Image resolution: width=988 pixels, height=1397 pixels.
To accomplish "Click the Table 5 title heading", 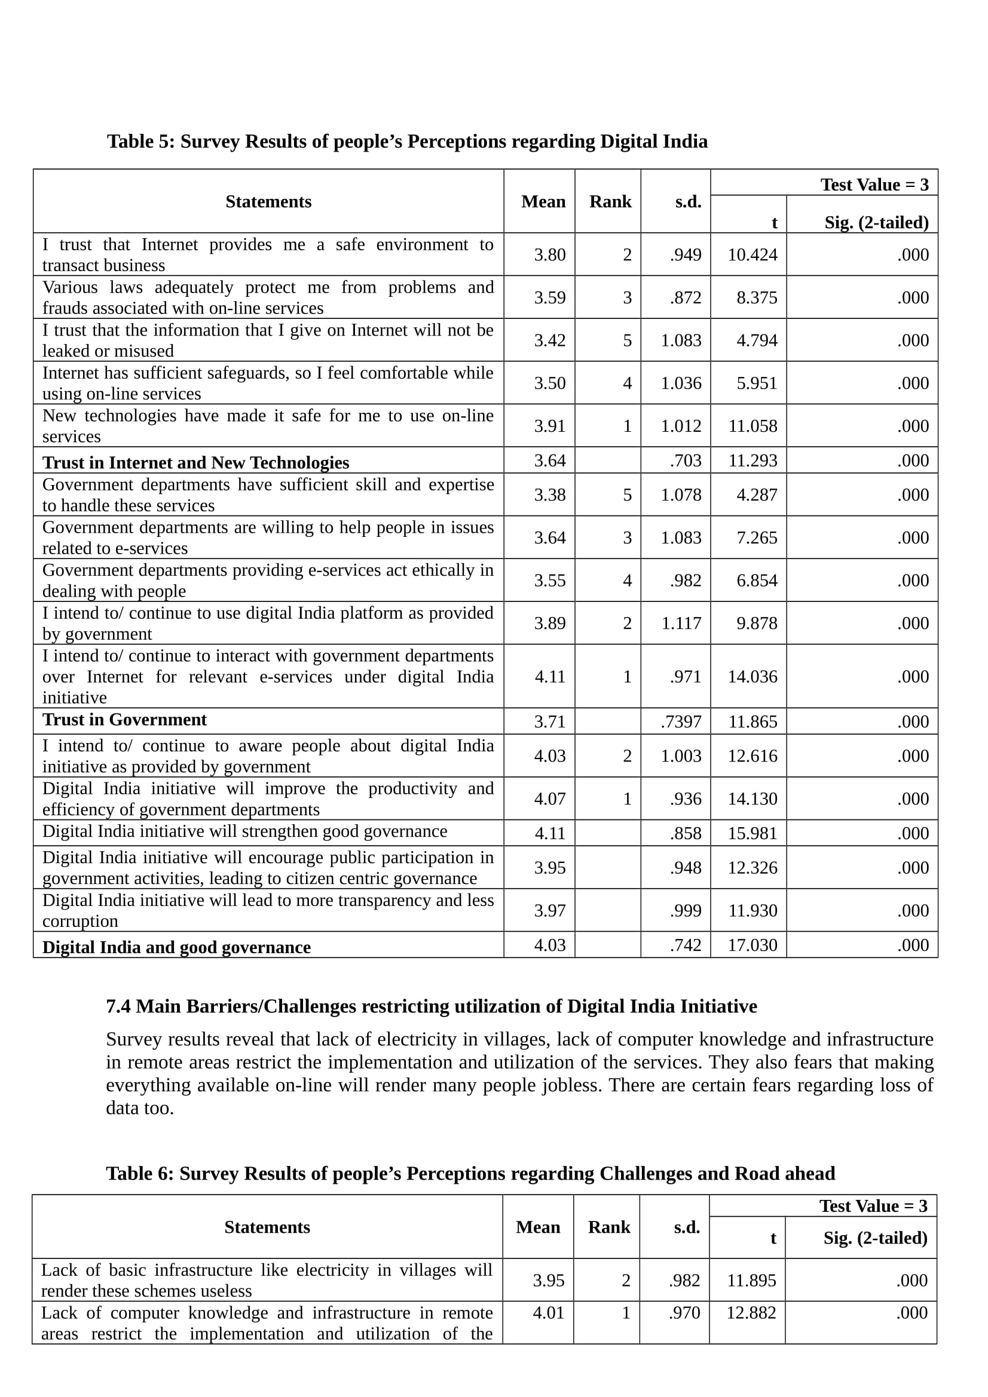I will point(407,141).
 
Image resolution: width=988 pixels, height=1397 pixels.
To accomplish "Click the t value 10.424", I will point(753,254).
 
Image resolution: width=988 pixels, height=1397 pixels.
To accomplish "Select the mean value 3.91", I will point(550,426).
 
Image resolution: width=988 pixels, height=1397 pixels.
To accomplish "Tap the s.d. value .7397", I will point(681,721).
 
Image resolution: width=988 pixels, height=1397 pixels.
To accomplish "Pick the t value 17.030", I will point(753,945).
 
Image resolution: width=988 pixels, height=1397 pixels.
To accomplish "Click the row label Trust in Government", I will point(125,720).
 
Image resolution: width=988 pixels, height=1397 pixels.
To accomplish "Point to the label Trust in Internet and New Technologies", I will point(195,462).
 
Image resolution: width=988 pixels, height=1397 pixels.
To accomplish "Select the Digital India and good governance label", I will point(176,947).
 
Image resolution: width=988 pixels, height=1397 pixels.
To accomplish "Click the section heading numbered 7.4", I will point(431,1006).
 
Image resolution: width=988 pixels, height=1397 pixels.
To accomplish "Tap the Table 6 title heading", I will point(470,1173).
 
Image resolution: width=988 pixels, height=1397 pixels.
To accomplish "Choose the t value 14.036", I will point(753,677).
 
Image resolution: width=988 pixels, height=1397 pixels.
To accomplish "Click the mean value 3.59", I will point(550,297).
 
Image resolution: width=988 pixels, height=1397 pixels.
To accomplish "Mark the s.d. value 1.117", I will point(681,623).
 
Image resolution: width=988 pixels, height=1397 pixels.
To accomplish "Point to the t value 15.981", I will point(753,833).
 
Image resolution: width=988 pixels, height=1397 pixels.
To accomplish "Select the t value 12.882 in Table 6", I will point(751,1312).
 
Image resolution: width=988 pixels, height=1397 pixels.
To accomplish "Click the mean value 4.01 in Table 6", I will point(549,1312).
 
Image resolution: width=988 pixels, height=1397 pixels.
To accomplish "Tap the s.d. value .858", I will point(686,833).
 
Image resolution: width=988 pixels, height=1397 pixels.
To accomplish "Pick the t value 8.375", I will point(757,297).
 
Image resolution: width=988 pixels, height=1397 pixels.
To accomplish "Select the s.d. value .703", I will point(686,460).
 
